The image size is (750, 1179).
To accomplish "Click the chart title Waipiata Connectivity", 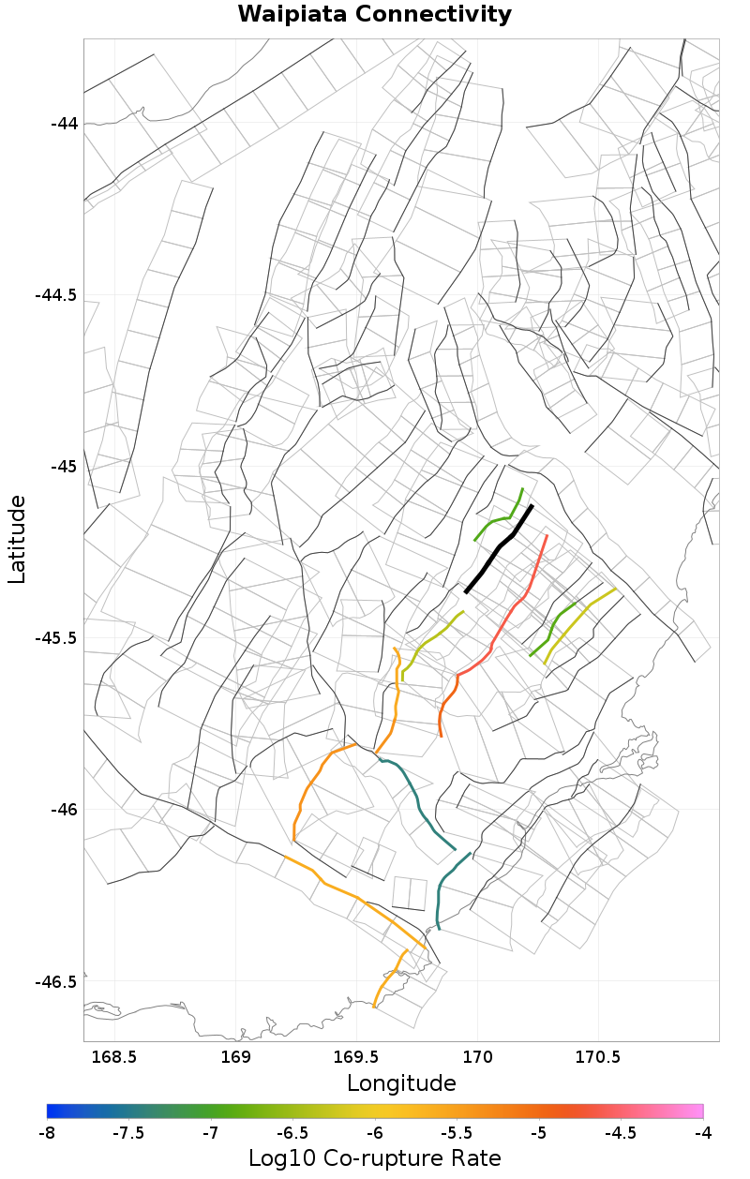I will pos(374,15).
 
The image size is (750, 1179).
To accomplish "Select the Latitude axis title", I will pos(17,540).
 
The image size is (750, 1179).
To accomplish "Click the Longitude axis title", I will pos(401,1083).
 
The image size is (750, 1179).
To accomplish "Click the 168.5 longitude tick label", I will pos(114,1057).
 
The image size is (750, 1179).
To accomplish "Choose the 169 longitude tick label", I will pos(235,1057).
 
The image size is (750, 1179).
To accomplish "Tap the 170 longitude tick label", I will pos(478,1057).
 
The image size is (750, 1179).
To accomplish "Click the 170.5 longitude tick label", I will pos(598,1057).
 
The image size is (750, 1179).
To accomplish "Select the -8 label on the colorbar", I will pos(47,1133).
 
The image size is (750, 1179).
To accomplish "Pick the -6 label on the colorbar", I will pos(375,1133).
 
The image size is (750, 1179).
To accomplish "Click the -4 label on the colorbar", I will pos(703,1133).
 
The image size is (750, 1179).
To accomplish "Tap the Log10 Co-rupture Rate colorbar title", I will pos(374,1158).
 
